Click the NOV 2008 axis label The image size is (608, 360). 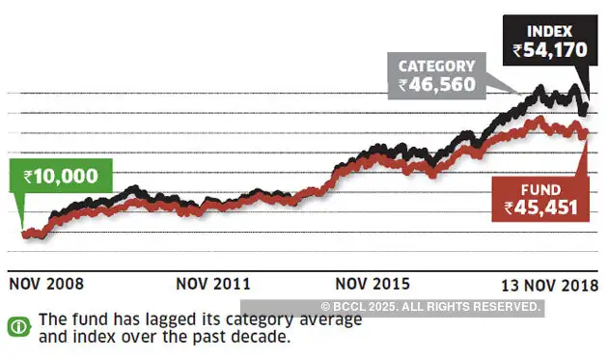tap(46, 284)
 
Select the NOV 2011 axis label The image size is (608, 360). tap(214, 284)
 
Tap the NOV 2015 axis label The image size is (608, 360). tap(373, 284)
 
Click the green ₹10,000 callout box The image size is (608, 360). tap(62, 177)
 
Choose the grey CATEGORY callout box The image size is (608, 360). tap(437, 76)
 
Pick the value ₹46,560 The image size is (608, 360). tap(437, 85)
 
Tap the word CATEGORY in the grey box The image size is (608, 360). tap(437, 67)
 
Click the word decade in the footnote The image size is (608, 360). tap(262, 338)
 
